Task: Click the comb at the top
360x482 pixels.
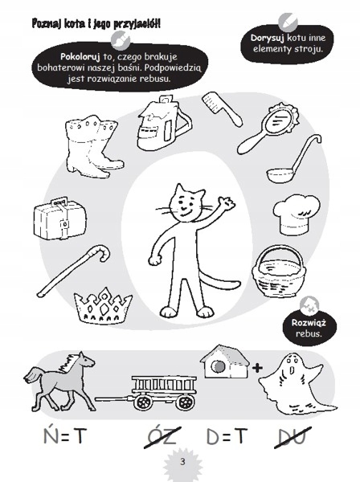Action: tap(221, 108)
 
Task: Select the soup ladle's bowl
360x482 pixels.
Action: tap(279, 175)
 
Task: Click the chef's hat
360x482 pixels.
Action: tap(297, 214)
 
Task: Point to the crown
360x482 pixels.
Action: tap(103, 305)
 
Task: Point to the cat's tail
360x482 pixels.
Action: tap(219, 277)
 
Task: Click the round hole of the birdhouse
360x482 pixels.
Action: tap(217, 366)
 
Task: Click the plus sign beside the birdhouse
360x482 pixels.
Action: tap(258, 367)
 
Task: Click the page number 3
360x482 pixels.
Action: tap(182, 462)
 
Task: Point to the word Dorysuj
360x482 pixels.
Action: tap(267, 38)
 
